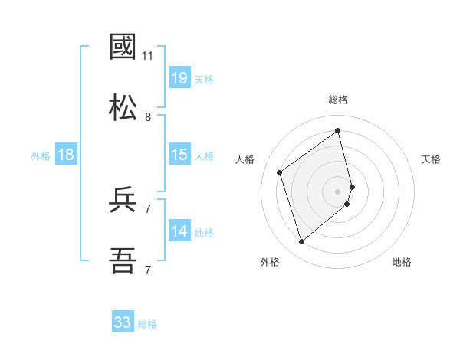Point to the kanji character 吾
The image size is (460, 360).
[123, 261]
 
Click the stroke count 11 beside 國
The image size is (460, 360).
[148, 56]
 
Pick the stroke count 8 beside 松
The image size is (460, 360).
[148, 117]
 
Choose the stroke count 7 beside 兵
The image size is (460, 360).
[148, 208]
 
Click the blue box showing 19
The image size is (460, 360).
[179, 77]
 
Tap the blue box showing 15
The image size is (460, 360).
[179, 155]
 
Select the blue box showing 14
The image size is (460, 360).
[179, 231]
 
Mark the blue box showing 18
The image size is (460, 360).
[66, 155]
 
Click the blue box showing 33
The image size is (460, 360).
[123, 322]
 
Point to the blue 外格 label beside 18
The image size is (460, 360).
[41, 156]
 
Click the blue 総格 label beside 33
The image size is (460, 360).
[147, 324]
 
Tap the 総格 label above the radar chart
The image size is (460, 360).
[338, 100]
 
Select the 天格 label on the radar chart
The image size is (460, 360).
[432, 159]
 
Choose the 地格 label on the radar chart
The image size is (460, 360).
[402, 262]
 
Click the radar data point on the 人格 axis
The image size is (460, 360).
[280, 172]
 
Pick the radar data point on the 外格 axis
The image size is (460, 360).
[301, 242]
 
